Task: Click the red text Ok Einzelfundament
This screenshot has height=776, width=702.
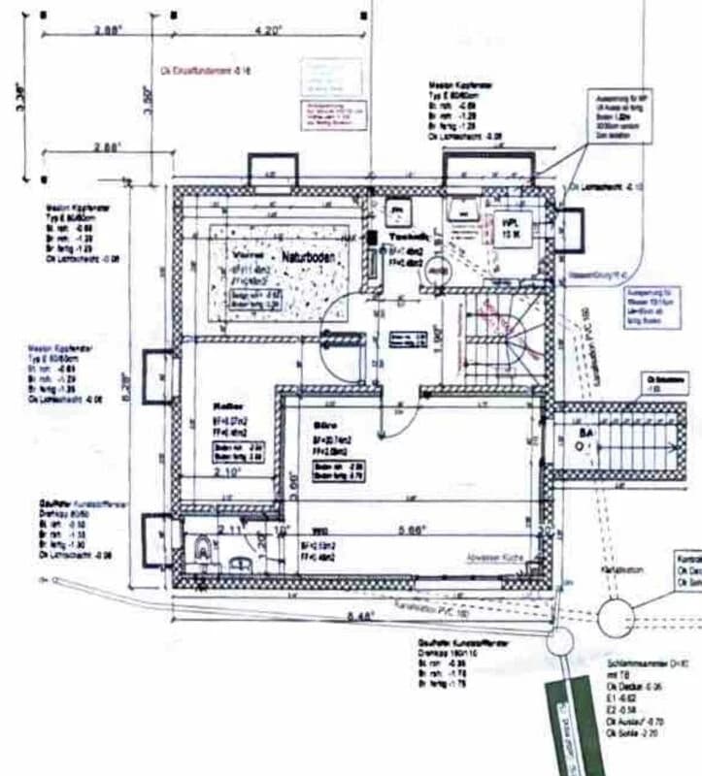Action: click(x=205, y=71)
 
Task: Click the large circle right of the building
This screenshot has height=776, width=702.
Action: click(x=617, y=616)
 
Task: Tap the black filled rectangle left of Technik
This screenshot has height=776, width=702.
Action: click(x=373, y=237)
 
